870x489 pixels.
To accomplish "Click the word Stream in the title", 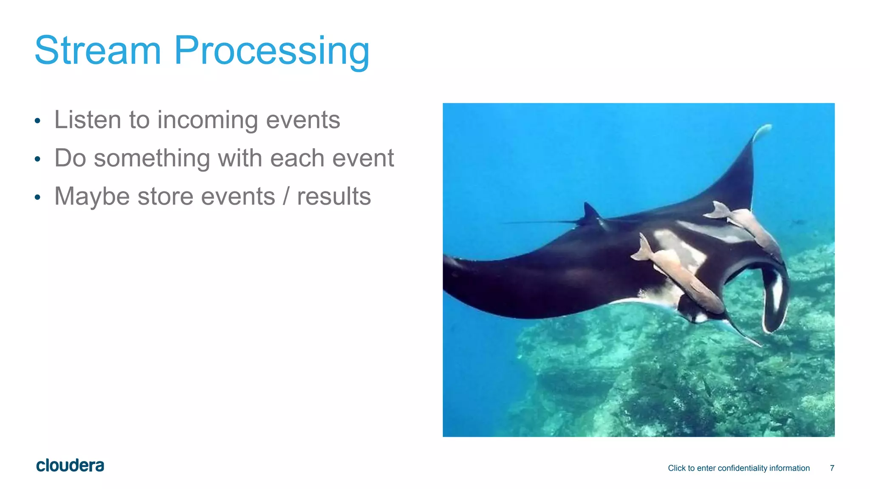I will pos(98,51).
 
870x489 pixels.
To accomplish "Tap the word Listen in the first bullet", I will pos(88,120).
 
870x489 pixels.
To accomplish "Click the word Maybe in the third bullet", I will pos(92,197).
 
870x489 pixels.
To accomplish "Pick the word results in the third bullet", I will pos(334,197).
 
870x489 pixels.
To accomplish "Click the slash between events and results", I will pos(286,197).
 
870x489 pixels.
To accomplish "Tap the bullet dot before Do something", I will pos(37,159).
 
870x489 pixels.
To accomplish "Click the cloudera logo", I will pos(70,466).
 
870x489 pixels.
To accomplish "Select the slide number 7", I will pos(832,468).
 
